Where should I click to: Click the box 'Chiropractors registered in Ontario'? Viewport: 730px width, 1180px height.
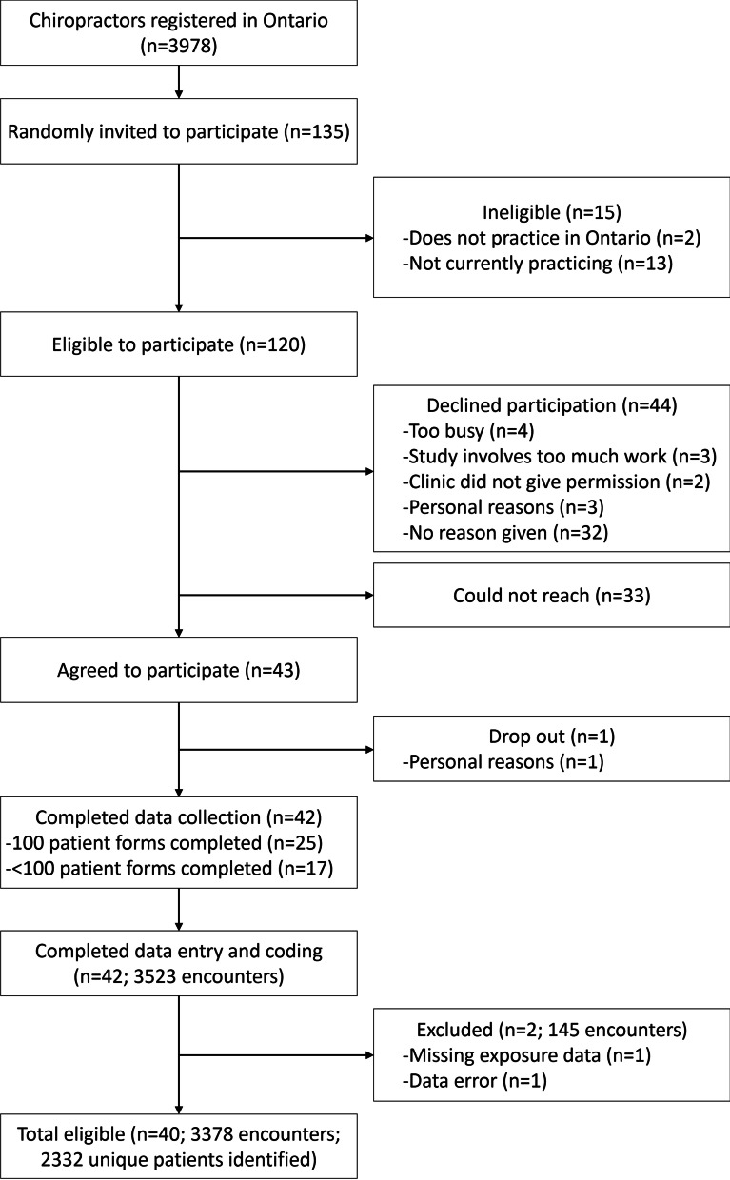pos(179,36)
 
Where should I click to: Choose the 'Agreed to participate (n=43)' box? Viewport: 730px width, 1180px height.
pos(179,671)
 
